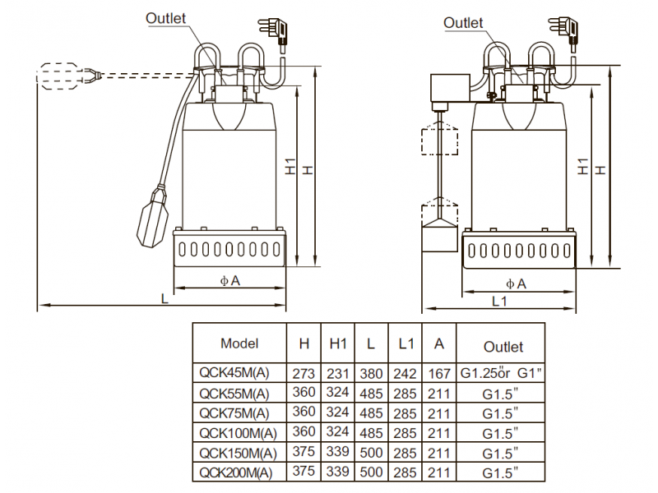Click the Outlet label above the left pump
[x=166, y=18]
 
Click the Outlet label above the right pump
[x=464, y=22]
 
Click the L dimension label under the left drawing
[x=164, y=299]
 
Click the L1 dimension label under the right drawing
[x=499, y=302]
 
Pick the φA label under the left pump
[x=229, y=281]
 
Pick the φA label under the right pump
[x=516, y=283]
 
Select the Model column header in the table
[x=239, y=343]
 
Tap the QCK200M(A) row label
[x=237, y=472]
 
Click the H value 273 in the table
[x=304, y=372]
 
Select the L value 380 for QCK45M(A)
[x=372, y=372]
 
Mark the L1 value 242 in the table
[x=405, y=372]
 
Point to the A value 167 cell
[x=440, y=372]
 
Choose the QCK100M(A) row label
[x=237, y=432]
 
